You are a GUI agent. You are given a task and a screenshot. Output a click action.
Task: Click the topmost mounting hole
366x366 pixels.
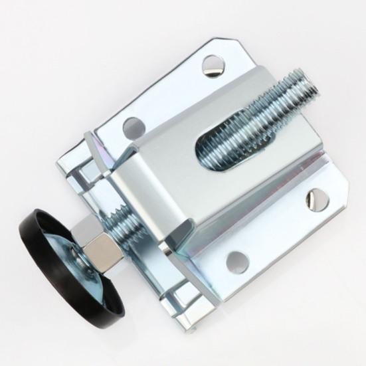tap(213, 65)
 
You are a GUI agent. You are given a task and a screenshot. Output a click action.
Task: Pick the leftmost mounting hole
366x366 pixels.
tap(134, 126)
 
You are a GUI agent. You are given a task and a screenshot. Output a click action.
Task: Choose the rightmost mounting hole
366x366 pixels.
tap(317, 199)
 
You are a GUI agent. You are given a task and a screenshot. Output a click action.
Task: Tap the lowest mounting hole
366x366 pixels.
tap(237, 261)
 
